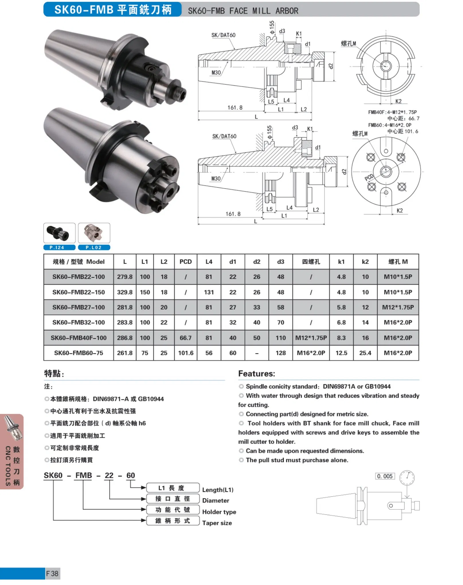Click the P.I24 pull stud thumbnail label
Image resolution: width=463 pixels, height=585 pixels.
coord(59,247)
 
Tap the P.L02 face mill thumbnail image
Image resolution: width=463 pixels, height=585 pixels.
coord(94,233)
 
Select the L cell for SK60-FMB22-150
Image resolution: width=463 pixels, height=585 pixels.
coord(125,292)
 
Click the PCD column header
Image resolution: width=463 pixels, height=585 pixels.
coord(185,262)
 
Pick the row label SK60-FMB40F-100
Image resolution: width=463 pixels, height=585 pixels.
coord(79,338)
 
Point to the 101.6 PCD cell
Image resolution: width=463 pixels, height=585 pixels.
coord(185,353)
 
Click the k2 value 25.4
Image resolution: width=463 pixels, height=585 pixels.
coord(365,353)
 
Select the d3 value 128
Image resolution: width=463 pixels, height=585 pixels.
coord(280,353)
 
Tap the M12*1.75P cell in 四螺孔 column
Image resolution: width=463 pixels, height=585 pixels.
coord(311,338)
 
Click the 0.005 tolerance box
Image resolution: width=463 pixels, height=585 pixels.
coord(385,476)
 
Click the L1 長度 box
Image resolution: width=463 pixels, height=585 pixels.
coord(173,488)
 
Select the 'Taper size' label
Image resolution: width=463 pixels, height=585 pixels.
coord(217,523)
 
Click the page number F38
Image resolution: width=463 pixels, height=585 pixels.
coord(52,574)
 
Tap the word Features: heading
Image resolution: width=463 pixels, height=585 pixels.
coord(256,374)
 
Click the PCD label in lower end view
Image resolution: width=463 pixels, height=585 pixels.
coord(369,177)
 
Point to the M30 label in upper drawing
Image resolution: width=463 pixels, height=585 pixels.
coord(216,73)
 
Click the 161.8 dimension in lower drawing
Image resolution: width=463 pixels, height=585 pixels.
coord(233,214)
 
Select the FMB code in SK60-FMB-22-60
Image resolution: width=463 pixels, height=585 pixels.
coord(83,475)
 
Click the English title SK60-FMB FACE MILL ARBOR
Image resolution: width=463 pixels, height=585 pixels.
coord(243,11)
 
